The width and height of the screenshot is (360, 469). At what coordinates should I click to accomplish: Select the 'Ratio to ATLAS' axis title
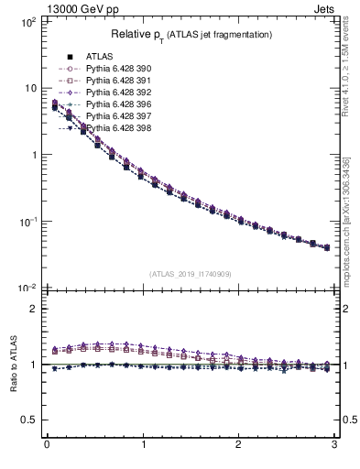pos(12,365)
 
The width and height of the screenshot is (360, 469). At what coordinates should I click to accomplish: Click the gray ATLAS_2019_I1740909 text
pos(189,274)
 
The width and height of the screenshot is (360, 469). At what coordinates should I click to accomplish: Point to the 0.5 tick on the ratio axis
pos(29,420)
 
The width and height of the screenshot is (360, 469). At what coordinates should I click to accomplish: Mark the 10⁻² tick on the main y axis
pos(27,289)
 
